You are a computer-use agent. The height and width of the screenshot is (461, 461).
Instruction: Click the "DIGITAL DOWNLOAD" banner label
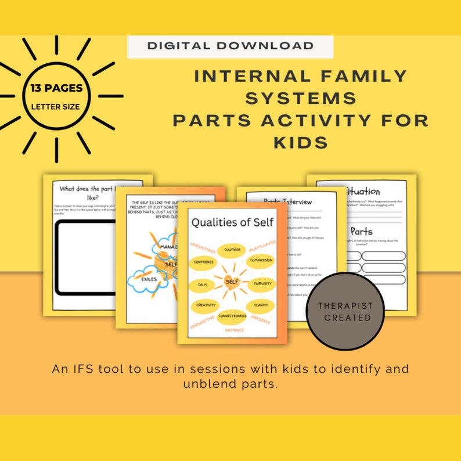click(x=230, y=46)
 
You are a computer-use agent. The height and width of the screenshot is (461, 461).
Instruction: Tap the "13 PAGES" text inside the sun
click(x=57, y=89)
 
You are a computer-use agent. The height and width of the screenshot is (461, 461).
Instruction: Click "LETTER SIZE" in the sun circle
click(x=56, y=106)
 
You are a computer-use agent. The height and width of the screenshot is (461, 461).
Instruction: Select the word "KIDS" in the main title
click(x=301, y=142)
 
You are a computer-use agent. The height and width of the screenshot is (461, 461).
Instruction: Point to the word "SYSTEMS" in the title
click(x=301, y=98)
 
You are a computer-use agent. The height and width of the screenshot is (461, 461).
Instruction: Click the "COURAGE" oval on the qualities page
click(x=232, y=250)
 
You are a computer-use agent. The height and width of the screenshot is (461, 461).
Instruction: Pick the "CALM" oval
click(x=203, y=285)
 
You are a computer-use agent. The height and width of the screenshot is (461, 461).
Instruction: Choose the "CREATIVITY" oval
click(x=206, y=305)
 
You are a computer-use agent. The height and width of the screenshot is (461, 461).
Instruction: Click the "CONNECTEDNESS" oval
click(x=232, y=316)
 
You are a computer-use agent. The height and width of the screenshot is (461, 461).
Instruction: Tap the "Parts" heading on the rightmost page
click(x=361, y=231)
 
